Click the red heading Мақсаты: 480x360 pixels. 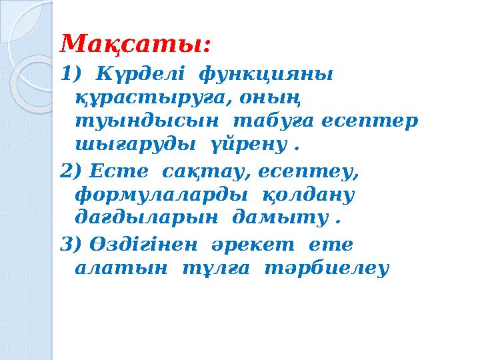point(136,45)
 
